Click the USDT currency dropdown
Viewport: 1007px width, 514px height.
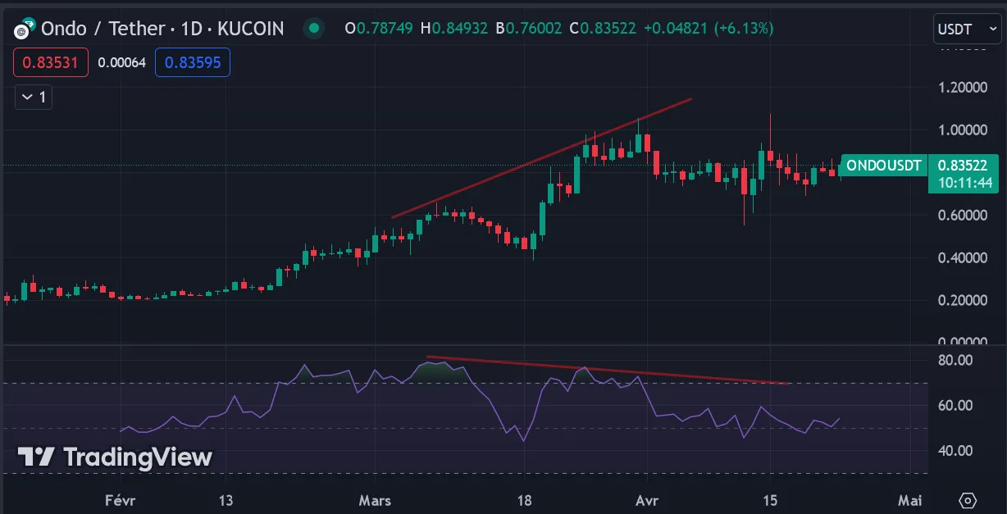(967, 30)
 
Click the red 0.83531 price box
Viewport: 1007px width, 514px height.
(51, 61)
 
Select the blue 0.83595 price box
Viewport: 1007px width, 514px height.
(193, 61)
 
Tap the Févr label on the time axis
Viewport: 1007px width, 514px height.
(120, 500)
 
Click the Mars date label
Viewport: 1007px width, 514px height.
(375, 500)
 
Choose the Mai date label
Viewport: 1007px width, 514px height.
(909, 500)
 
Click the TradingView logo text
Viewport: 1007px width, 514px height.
(115, 457)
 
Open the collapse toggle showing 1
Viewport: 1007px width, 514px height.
(34, 98)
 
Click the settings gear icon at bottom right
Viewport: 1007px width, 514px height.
(968, 500)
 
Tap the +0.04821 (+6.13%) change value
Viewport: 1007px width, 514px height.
(708, 29)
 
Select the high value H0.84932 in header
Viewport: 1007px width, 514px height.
(453, 29)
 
